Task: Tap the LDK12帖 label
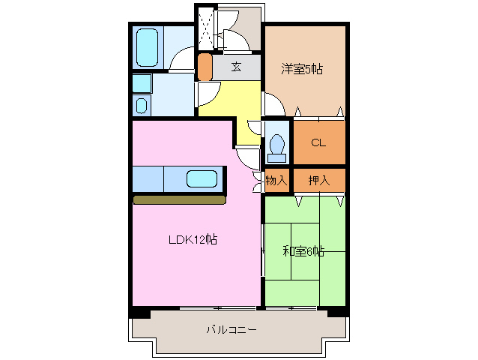click(x=193, y=240)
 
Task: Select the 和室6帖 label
click(x=303, y=251)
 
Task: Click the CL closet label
click(x=318, y=142)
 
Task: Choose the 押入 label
click(x=319, y=180)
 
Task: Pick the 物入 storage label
click(x=276, y=180)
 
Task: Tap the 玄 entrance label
click(x=236, y=67)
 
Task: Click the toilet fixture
click(x=276, y=146)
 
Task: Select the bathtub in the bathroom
click(x=147, y=47)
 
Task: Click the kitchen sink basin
click(x=202, y=179)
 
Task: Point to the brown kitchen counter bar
click(x=179, y=199)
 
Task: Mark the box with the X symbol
click(x=206, y=27)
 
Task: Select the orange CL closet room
click(x=319, y=142)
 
